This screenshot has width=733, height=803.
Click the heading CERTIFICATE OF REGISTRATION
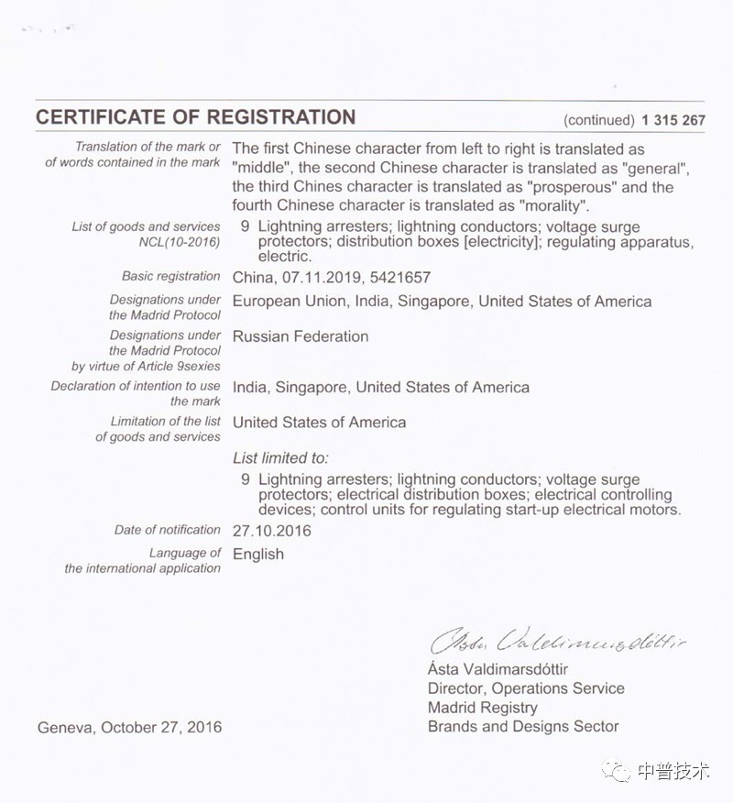click(195, 117)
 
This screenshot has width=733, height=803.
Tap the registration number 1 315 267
click(673, 120)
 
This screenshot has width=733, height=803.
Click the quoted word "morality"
click(553, 205)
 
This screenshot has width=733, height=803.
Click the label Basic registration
click(171, 276)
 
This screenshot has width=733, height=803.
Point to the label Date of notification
click(168, 530)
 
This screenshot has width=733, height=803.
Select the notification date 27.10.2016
click(272, 531)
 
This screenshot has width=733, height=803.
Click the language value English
click(258, 554)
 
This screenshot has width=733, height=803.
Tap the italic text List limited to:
click(280, 457)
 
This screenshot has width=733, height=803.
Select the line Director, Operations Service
click(526, 688)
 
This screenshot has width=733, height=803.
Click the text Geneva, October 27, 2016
click(129, 728)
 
